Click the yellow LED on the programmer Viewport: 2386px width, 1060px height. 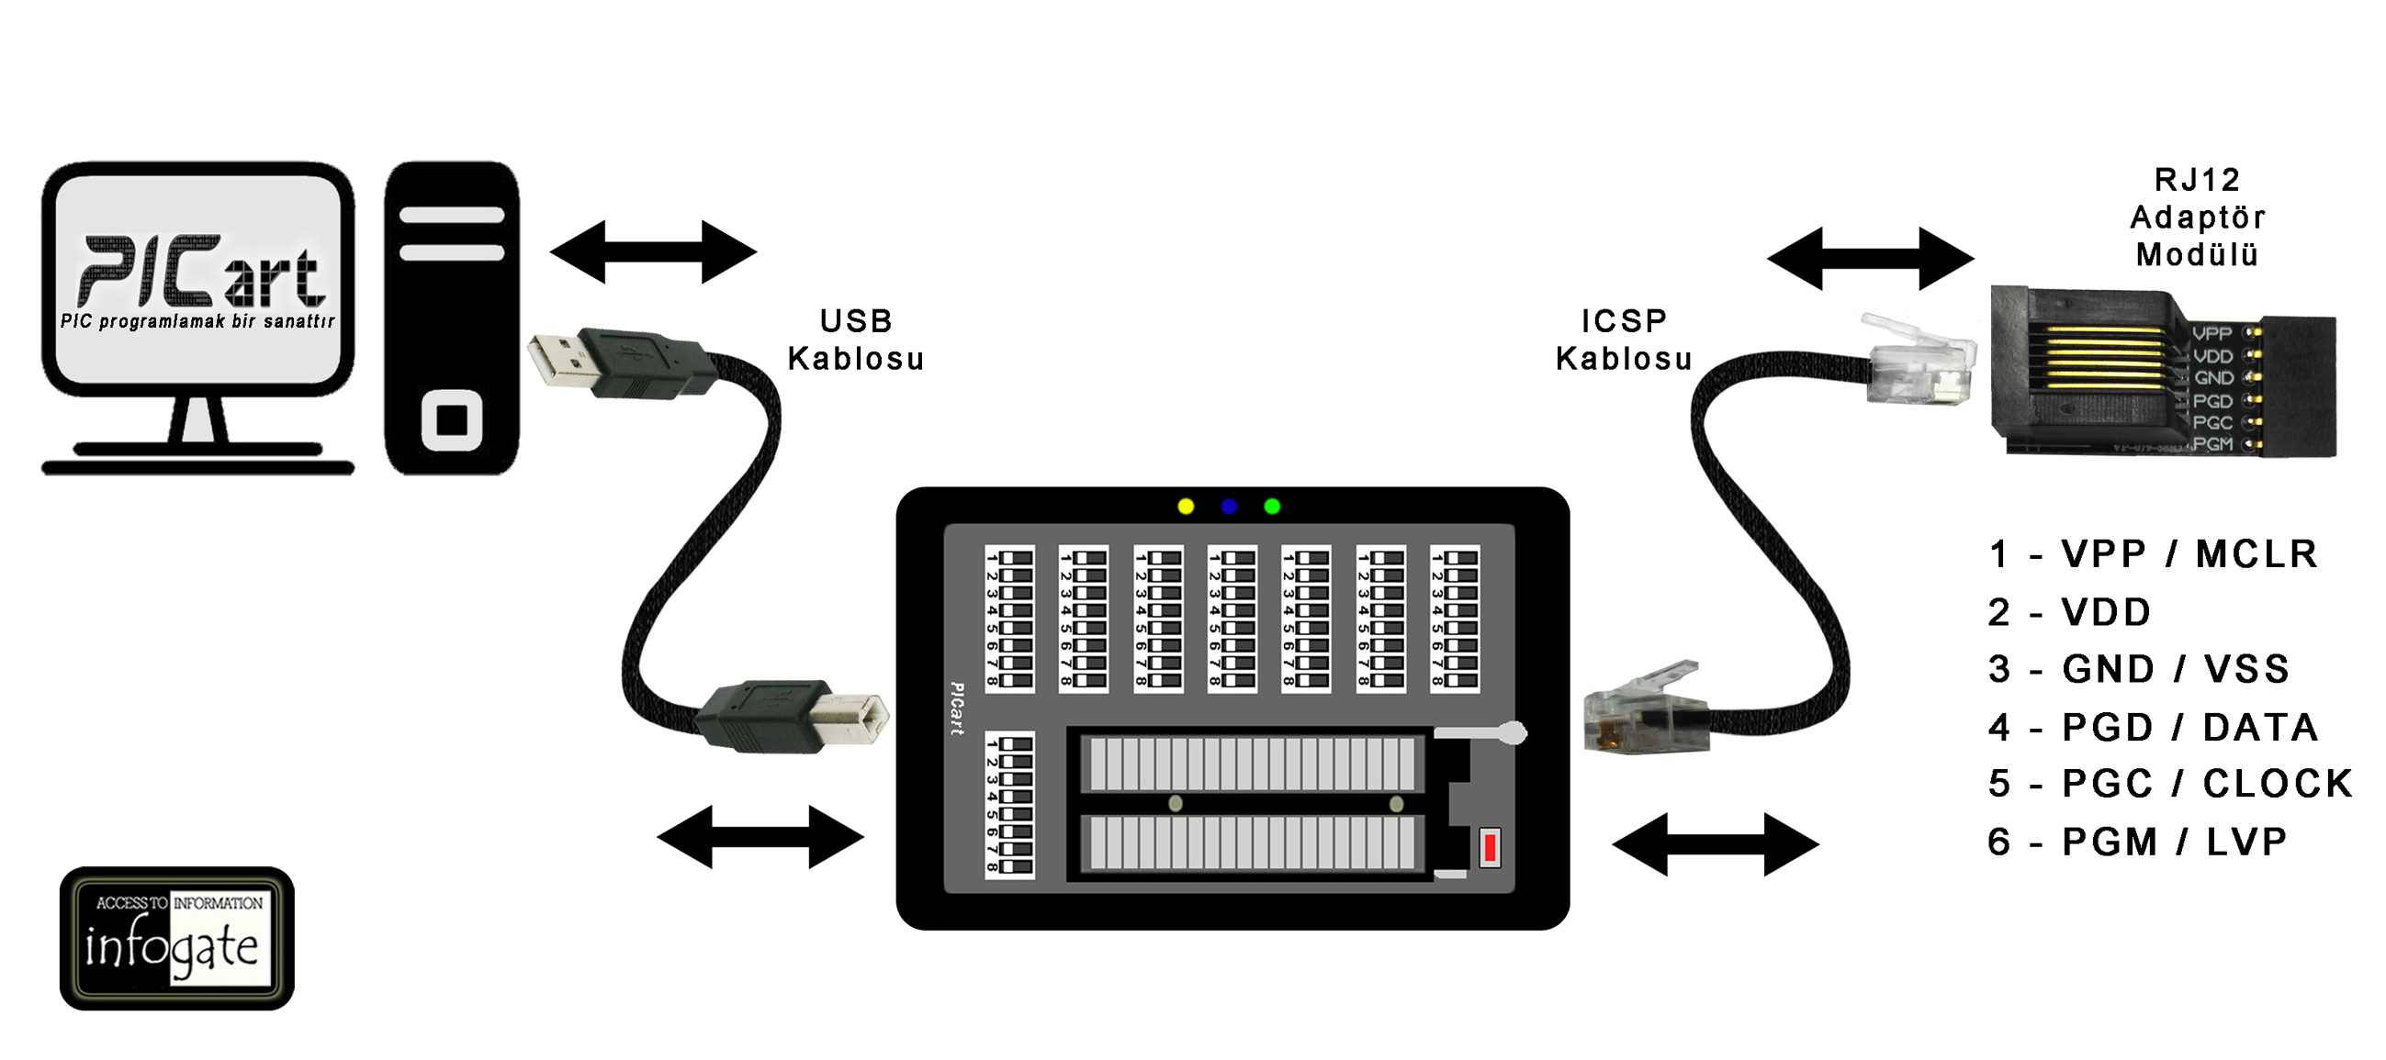[x=1186, y=507]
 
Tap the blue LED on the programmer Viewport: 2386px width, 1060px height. [x=1229, y=507]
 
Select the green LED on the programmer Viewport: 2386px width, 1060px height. [x=1272, y=507]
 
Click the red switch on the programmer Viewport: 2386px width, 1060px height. [x=1490, y=847]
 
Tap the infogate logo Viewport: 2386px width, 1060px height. [x=176, y=938]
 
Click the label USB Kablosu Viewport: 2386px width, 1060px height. [x=855, y=340]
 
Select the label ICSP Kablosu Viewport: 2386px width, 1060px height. [x=1624, y=340]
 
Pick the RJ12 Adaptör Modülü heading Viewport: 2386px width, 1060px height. [x=2196, y=218]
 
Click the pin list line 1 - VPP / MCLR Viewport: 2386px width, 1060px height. [x=2152, y=554]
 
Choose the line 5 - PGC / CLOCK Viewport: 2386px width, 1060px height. [x=2169, y=784]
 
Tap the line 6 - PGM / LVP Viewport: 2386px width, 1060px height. [x=2137, y=842]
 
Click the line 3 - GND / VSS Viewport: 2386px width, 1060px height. [x=2138, y=669]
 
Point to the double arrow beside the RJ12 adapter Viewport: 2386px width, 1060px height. [x=1870, y=258]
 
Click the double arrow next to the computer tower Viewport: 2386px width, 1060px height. [x=653, y=251]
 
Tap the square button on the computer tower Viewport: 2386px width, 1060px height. [x=451, y=420]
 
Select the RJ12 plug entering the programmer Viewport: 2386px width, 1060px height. [x=1635, y=713]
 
